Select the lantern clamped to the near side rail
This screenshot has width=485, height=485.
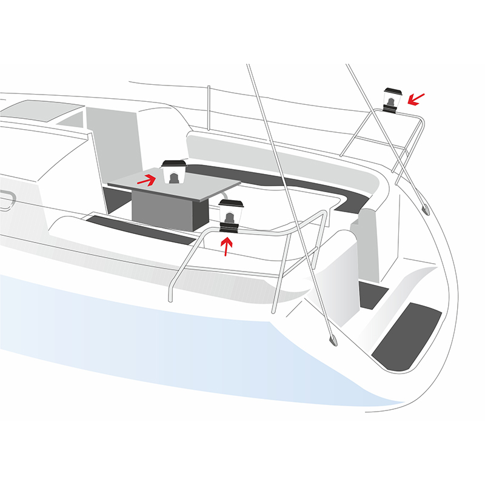click(x=230, y=213)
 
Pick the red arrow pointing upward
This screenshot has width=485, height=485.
click(x=227, y=246)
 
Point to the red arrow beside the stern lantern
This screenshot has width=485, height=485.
click(x=416, y=98)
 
